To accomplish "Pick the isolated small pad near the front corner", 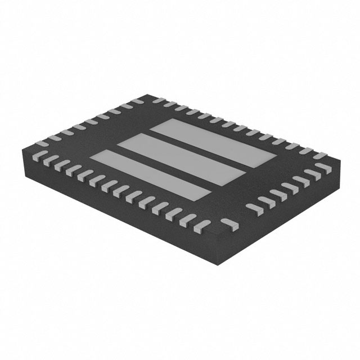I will [x=227, y=225].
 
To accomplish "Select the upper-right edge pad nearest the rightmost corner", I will [x=327, y=158].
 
